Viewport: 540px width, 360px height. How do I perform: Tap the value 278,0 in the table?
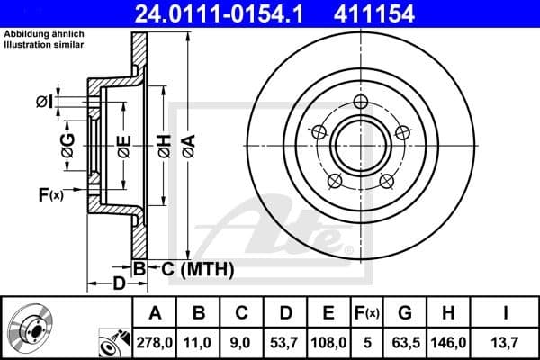click(155, 341)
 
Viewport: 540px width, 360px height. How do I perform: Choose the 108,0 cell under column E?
click(328, 341)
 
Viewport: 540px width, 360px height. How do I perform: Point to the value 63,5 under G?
click(406, 341)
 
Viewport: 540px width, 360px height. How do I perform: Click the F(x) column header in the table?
click(366, 313)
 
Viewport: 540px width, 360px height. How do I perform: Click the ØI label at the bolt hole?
click(42, 103)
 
